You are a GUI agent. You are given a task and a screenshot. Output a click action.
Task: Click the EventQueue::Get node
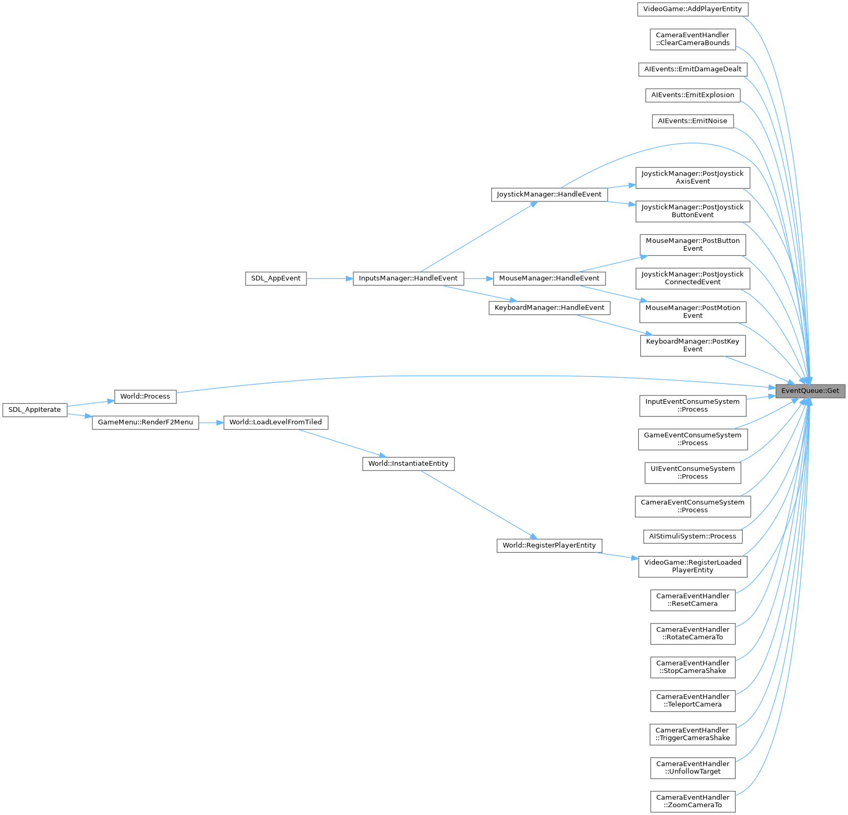click(810, 391)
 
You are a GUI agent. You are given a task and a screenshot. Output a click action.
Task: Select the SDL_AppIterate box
click(35, 410)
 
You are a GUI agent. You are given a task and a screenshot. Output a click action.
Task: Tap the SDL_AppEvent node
click(275, 278)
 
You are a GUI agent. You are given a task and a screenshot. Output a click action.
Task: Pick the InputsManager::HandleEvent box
click(408, 278)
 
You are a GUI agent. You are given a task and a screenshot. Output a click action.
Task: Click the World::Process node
click(145, 396)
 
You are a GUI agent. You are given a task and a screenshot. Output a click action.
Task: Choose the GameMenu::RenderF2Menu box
click(145, 422)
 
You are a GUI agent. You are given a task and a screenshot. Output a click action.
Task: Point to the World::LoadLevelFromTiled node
click(275, 422)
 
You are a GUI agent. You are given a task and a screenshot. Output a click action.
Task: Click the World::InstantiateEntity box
click(408, 464)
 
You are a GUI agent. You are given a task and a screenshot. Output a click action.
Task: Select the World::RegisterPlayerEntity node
click(549, 545)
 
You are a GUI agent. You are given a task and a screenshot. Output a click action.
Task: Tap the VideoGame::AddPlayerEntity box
click(692, 9)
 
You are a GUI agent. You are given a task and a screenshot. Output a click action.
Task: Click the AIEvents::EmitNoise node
click(692, 121)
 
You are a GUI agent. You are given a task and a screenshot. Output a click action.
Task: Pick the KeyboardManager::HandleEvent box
click(549, 308)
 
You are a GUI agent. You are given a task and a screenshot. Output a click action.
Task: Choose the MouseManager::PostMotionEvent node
click(692, 312)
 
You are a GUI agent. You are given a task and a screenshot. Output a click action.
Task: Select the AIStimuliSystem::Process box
click(692, 537)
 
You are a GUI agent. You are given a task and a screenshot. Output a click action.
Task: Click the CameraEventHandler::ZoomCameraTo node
click(692, 801)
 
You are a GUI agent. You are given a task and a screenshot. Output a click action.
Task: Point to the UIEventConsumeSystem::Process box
click(692, 473)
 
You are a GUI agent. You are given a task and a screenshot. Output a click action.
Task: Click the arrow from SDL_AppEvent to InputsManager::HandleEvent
click(330, 278)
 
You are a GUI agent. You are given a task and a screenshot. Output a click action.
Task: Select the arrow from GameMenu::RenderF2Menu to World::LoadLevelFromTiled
click(211, 422)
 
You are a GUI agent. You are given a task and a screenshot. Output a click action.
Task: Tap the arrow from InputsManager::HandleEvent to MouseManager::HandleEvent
click(478, 278)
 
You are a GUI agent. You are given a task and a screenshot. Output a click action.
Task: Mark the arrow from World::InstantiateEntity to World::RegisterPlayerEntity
click(478, 504)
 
